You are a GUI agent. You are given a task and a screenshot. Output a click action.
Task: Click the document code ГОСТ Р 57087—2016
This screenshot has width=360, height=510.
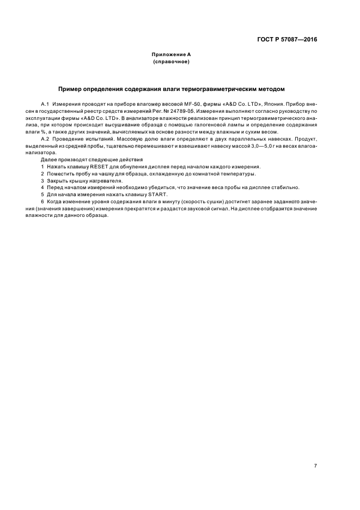click(287, 39)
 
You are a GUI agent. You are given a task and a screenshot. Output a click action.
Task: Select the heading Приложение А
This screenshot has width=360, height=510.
click(171, 55)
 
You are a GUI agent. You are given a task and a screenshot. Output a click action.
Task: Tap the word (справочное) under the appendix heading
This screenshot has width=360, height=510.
click(171, 62)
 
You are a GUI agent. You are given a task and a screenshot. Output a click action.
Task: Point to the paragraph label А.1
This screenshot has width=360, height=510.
click(46, 103)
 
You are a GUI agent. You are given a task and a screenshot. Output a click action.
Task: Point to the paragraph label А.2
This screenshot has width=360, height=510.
click(46, 139)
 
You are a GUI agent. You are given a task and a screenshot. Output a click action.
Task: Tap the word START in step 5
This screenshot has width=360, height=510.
click(160, 195)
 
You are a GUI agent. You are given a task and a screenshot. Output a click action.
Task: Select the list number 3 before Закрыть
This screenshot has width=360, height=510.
click(42, 181)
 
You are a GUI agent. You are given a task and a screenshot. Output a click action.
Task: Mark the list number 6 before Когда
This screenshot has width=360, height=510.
click(42, 202)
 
